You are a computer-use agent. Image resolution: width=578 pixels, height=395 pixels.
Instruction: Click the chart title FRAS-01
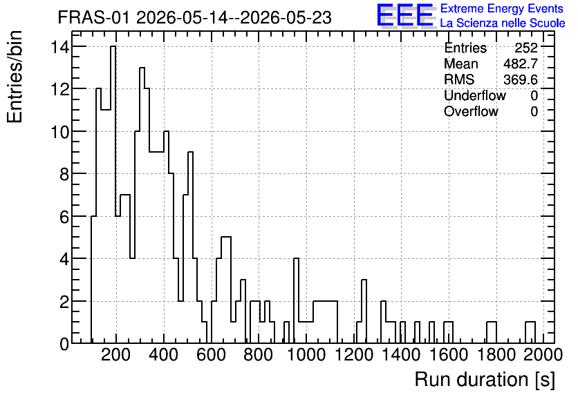point(93,18)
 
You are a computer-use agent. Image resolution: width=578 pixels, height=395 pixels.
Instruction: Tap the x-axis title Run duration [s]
point(485,380)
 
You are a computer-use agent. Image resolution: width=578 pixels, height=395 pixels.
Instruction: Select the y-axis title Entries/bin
point(15,77)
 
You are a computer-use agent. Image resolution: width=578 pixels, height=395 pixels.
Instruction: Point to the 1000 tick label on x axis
point(306,355)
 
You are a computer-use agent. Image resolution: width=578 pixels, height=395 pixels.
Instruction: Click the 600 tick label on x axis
point(211,355)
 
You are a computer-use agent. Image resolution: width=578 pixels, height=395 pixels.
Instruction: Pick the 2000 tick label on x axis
point(543,355)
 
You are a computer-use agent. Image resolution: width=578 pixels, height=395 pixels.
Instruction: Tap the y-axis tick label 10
point(60,131)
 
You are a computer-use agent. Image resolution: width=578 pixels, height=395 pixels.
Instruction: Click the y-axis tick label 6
point(64,216)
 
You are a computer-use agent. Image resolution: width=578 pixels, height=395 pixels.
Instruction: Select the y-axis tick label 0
point(64,344)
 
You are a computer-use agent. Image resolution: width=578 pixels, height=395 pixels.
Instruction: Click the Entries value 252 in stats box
point(526,48)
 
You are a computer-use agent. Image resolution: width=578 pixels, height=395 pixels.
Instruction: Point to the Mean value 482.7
point(521,64)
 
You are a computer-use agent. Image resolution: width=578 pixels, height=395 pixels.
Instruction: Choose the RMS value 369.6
point(521,79)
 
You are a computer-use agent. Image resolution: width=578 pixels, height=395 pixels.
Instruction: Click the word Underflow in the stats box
point(475,96)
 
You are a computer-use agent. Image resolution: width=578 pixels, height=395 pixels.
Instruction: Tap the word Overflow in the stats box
point(471,112)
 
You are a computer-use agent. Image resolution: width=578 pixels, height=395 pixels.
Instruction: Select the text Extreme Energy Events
point(502,8)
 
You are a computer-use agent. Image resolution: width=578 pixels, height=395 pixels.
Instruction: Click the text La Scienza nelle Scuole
point(503,23)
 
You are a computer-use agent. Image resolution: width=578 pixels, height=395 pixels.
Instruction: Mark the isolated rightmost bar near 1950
point(530,333)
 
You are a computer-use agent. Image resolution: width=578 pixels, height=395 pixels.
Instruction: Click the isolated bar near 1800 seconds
point(492,333)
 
